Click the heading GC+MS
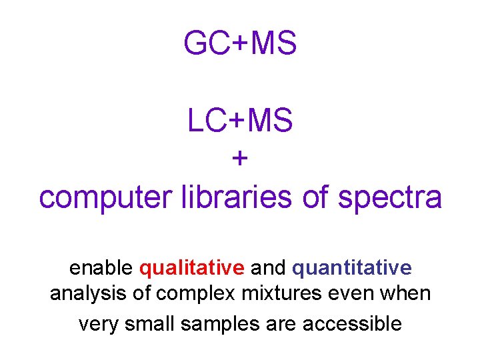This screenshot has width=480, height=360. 240,44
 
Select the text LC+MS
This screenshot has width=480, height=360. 240,121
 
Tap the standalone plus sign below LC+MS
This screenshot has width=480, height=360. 240,159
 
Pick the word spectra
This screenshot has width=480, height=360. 390,197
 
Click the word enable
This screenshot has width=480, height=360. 101,268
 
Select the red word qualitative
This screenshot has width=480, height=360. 192,269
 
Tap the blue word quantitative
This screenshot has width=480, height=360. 352,269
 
